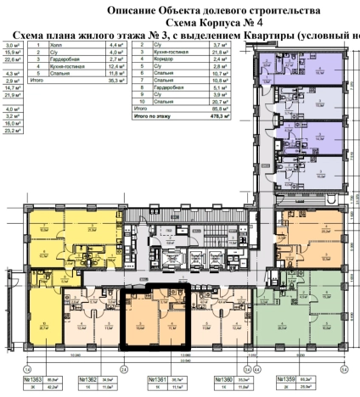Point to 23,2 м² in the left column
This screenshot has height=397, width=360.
13,131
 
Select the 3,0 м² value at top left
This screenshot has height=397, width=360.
13,45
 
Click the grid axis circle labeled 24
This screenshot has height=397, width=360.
123,370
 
